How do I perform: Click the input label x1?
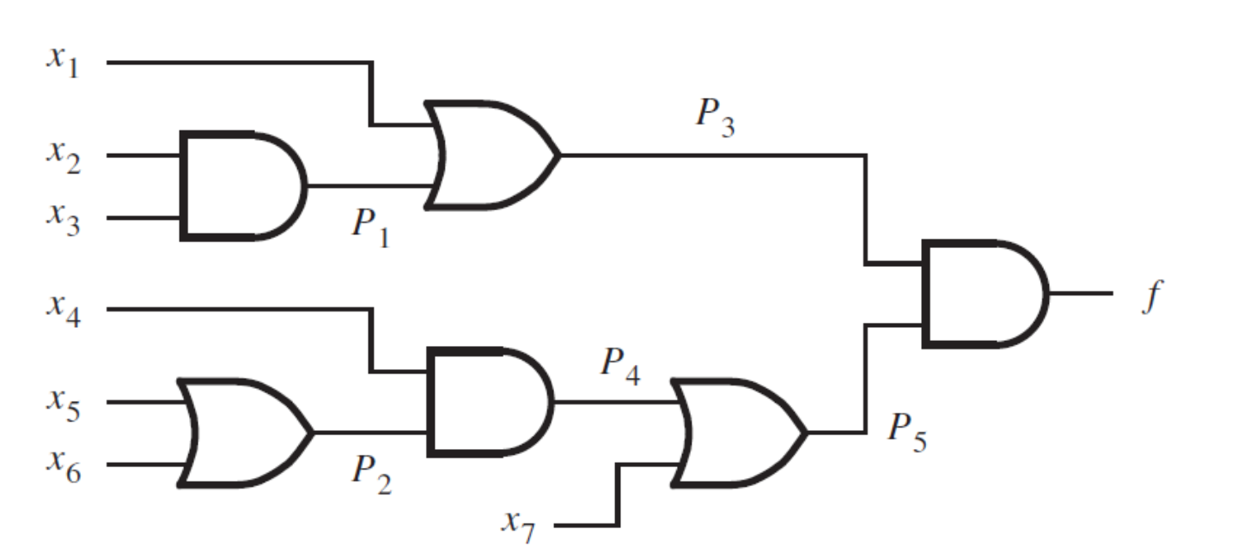coord(63,62)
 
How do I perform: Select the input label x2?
coord(64,157)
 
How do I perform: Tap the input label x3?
coord(64,220)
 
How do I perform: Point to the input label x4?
coord(64,311)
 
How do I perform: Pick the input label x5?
coord(64,405)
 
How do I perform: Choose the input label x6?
coord(64,467)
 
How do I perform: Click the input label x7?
coord(519,527)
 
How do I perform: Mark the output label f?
coord(1152,296)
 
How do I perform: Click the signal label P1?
coord(371,228)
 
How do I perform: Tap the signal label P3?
coord(716,118)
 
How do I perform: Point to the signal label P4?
coord(621,366)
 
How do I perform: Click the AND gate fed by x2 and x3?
coord(242,186)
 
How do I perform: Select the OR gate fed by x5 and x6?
coord(245,434)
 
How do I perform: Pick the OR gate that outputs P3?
coord(492,155)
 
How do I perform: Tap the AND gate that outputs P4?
coord(491,403)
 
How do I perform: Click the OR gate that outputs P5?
coord(739,434)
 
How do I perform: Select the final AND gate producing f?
coord(985,294)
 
